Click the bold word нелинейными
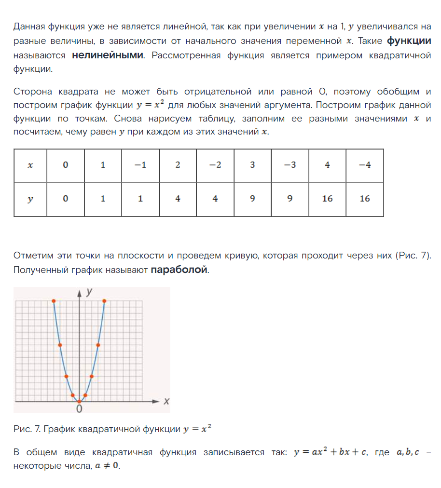(108, 55)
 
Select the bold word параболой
(179, 270)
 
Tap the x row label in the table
(30, 165)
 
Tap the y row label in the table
(30, 199)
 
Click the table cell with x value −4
(365, 165)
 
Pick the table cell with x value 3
(252, 165)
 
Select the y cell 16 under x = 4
(327, 199)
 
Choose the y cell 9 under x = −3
(290, 199)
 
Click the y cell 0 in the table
(66, 199)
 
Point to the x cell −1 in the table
(140, 165)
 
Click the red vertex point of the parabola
(79, 401)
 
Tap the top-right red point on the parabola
(104, 301)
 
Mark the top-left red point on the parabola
(54, 301)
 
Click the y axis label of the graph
(89, 292)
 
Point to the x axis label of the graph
(166, 401)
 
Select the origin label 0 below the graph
(79, 409)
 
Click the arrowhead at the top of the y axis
(79, 292)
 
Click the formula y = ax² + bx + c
(331, 453)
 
